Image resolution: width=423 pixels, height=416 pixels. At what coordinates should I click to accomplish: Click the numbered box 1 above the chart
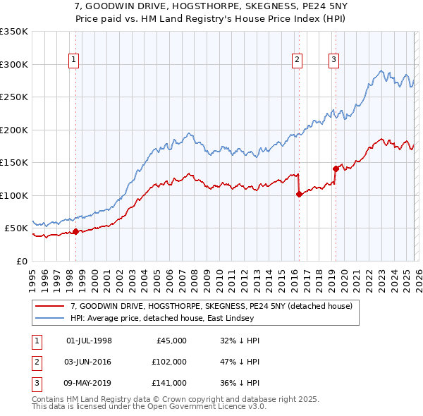coord(75,61)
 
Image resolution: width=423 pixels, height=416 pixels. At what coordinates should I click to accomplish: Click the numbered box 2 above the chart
coord(298,61)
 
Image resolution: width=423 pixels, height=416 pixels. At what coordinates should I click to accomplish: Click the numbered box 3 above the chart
coord(333,61)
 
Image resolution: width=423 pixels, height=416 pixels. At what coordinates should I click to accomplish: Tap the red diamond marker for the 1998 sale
coord(75,231)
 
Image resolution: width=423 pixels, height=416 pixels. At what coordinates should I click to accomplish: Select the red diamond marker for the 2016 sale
coord(299,194)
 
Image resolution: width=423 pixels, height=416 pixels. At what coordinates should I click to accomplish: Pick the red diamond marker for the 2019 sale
coord(336,169)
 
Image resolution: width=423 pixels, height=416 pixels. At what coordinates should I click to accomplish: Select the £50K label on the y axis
coord(17,228)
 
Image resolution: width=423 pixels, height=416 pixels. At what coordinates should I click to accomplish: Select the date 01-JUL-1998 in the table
coord(89,340)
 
